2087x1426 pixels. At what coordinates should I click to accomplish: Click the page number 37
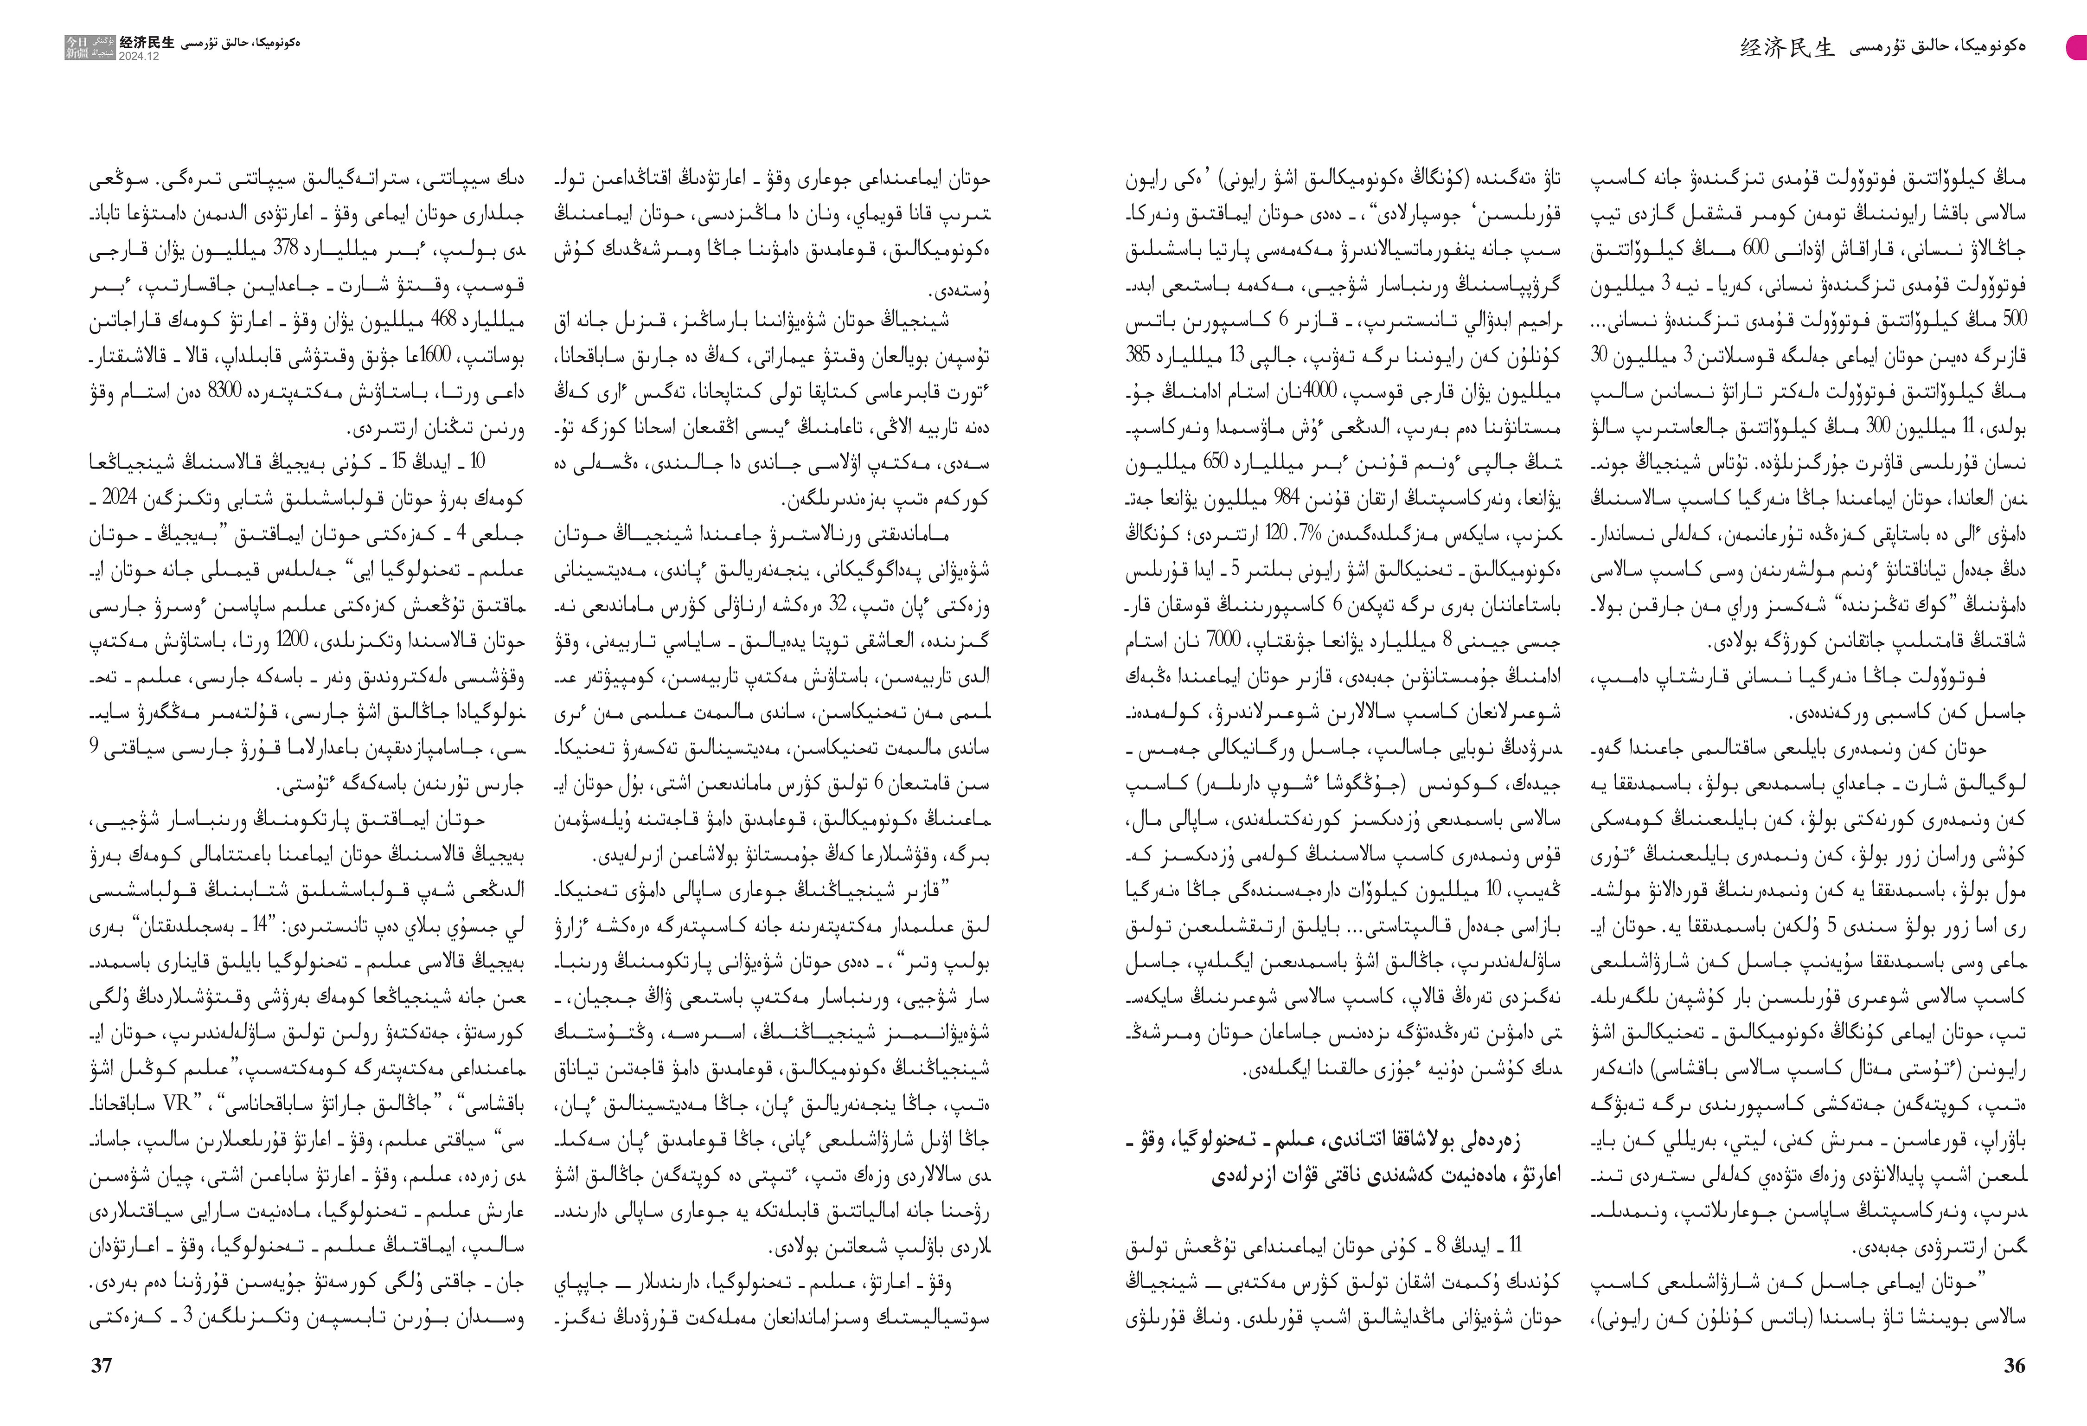coord(102,1366)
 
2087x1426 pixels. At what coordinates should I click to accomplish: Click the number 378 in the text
coord(286,250)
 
